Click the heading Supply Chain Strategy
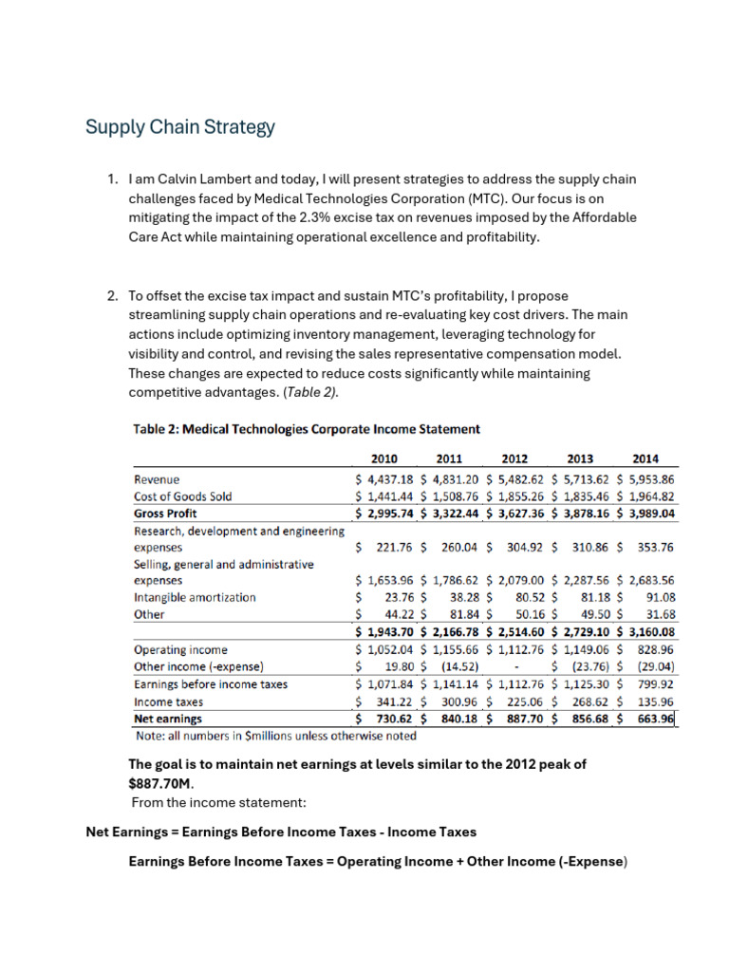[x=180, y=126]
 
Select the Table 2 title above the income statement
[x=305, y=429]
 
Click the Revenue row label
[x=157, y=479]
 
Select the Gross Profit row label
[x=165, y=513]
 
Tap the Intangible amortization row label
[x=195, y=597]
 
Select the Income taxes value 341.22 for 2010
[x=391, y=701]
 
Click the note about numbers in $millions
[x=275, y=735]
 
